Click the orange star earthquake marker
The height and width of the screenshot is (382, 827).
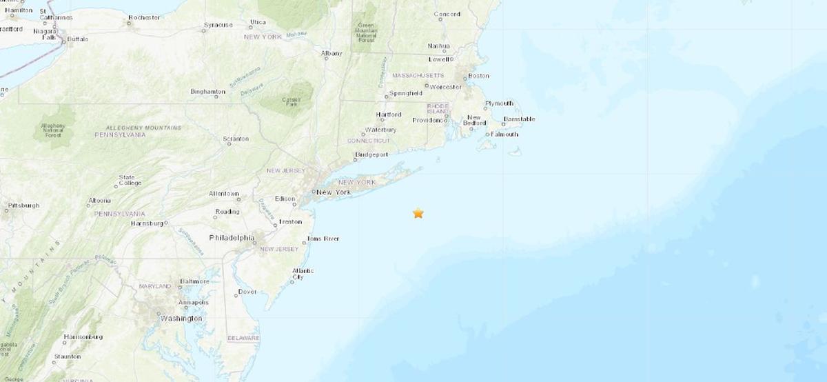point(418,213)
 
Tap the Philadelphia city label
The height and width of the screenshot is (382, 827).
point(232,238)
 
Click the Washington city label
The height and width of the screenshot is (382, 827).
point(181,319)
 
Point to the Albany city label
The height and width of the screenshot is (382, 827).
point(331,53)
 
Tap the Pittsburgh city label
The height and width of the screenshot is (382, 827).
point(23,205)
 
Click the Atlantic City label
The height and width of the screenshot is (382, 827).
point(303,274)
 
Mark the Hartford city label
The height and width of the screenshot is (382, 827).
point(388,114)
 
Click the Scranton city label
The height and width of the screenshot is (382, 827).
point(236,139)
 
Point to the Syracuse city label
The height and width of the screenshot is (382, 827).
point(218,26)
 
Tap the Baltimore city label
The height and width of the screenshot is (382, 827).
point(194,281)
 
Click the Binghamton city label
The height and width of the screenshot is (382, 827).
point(208,92)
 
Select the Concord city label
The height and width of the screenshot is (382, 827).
point(447,14)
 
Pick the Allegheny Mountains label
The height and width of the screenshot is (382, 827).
point(143,128)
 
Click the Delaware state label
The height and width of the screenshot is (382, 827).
point(243,338)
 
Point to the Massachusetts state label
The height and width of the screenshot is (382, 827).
point(420,74)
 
